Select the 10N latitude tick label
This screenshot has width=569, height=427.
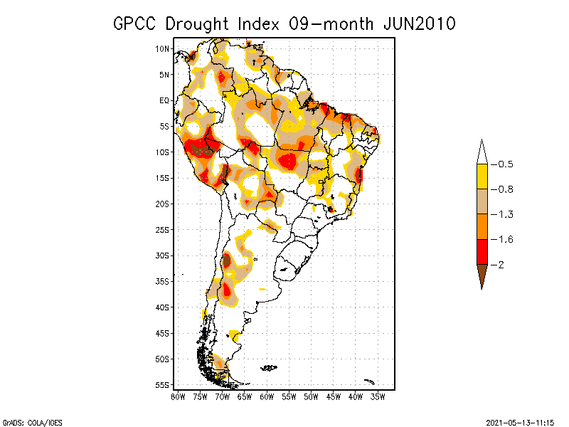coord(162,48)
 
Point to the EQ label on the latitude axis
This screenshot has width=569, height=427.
coord(164,100)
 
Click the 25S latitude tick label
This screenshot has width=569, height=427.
coord(162,229)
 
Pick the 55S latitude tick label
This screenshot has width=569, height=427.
coord(162,384)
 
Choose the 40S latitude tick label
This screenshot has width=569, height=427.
coord(162,307)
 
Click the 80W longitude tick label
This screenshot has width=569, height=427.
coord(178,396)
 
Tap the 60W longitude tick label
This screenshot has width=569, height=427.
coord(267,396)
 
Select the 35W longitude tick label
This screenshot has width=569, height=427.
coord(378,396)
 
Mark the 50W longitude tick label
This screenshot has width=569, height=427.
coord(312,396)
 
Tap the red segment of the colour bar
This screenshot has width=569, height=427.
coord(482,252)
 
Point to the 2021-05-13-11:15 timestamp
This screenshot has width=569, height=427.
coord(520,421)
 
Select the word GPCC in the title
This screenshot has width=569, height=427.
coord(136,23)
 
